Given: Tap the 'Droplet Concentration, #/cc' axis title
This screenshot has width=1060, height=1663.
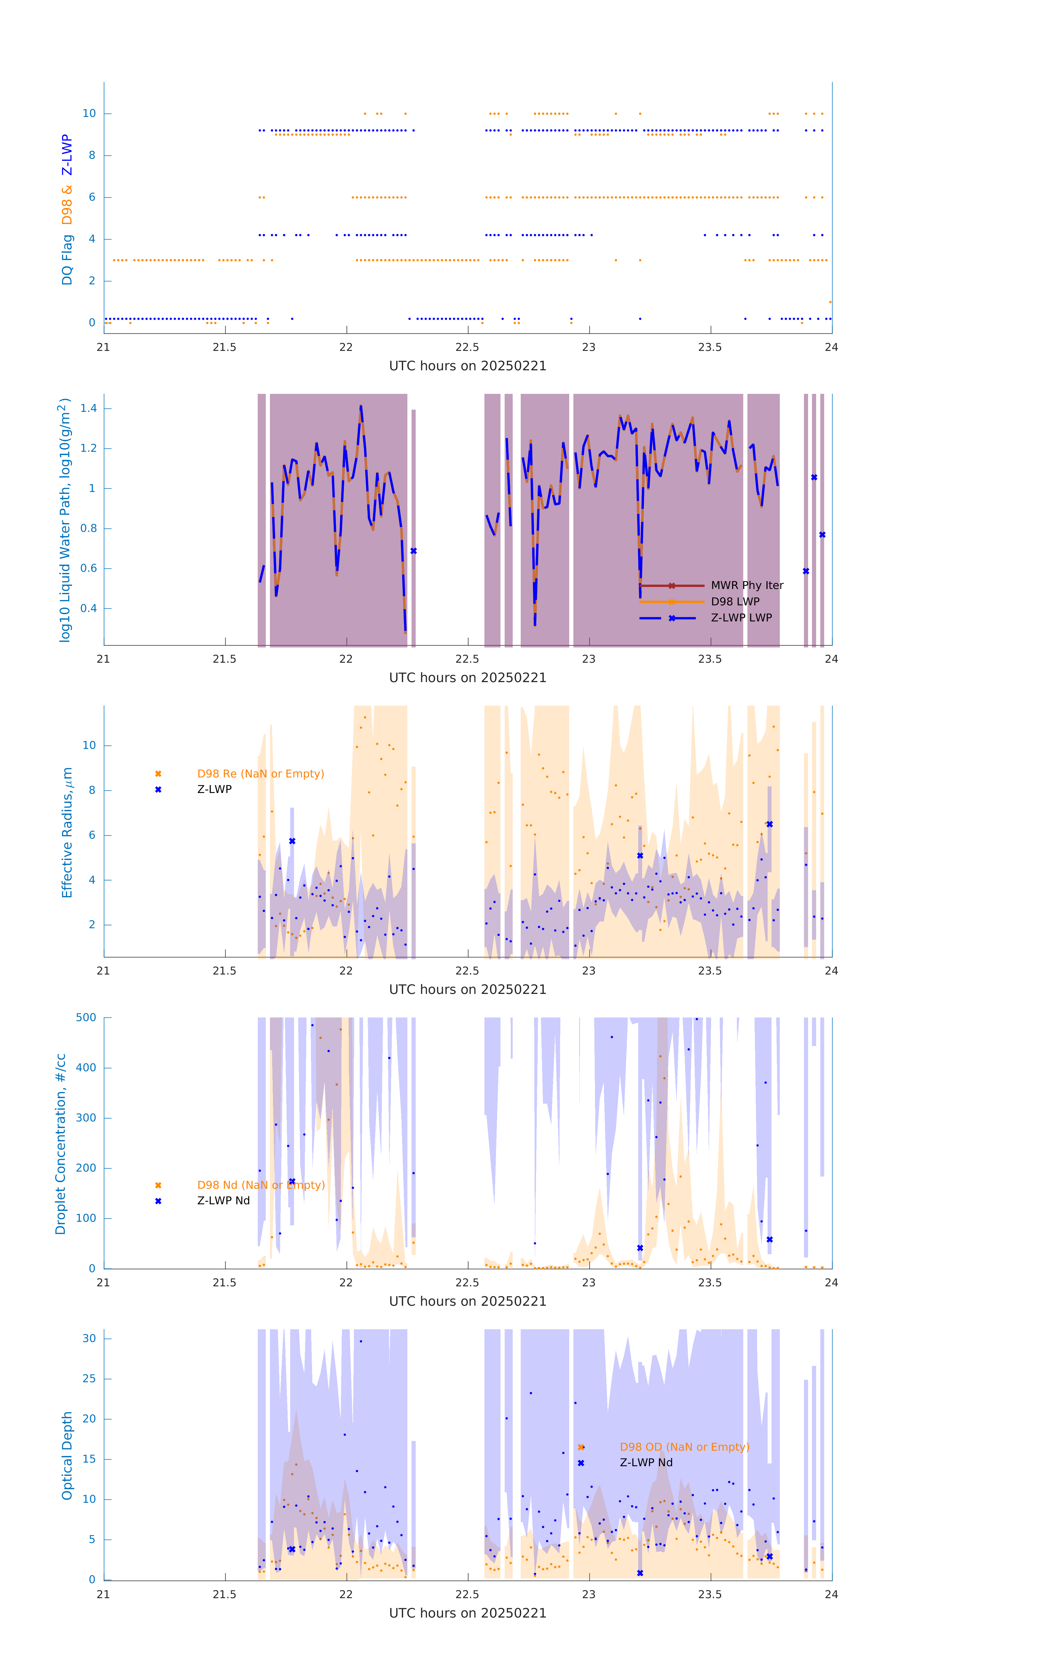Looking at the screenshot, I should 61,1144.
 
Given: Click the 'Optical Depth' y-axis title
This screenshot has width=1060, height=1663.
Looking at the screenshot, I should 67,1455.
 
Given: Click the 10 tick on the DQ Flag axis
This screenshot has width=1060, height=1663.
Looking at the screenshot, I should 89,113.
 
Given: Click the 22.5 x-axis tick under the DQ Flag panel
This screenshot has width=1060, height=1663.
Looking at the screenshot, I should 468,347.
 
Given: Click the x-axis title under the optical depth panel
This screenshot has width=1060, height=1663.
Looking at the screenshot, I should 468,1613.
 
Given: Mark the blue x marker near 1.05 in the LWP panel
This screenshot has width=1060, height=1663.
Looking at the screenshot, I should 814,477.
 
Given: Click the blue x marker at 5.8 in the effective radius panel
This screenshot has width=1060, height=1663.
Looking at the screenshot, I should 292,841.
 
